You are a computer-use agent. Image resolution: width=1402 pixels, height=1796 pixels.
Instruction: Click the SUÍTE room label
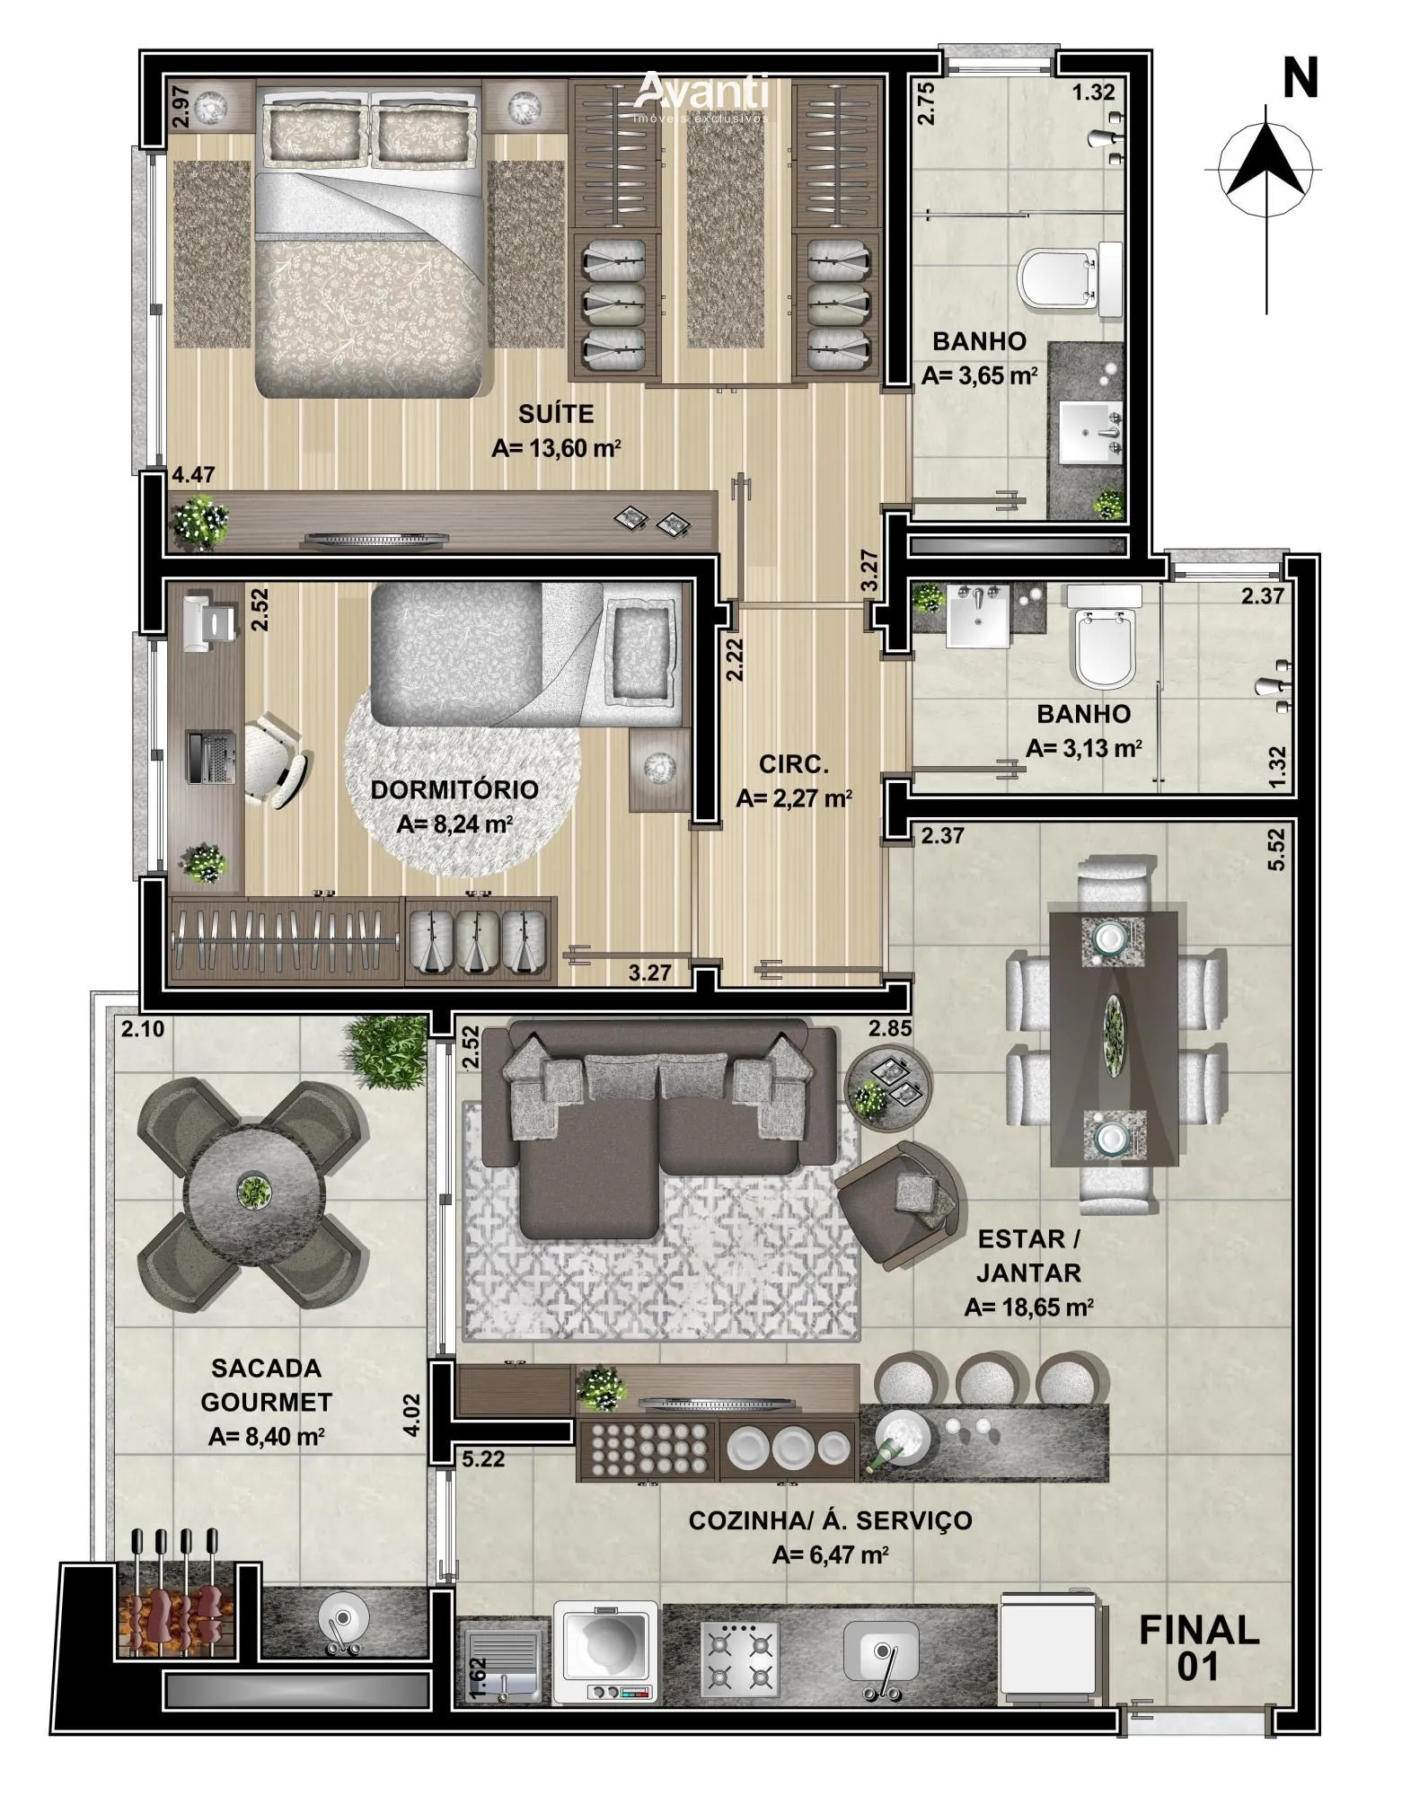tap(556, 414)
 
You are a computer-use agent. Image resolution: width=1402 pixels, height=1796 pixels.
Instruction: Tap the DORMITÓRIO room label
tap(454, 789)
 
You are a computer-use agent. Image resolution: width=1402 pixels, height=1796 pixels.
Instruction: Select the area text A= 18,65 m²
tap(1028, 1307)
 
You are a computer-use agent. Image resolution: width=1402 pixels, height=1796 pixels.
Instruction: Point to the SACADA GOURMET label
tap(266, 1385)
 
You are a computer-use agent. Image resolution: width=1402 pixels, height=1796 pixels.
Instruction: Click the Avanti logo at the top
tap(702, 96)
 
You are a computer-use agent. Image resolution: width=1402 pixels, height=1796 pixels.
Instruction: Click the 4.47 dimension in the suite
tap(194, 473)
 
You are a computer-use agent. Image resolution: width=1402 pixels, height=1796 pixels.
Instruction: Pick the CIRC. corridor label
tap(793, 764)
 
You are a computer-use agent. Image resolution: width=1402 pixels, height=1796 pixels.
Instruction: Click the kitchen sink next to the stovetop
tap(881, 1660)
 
